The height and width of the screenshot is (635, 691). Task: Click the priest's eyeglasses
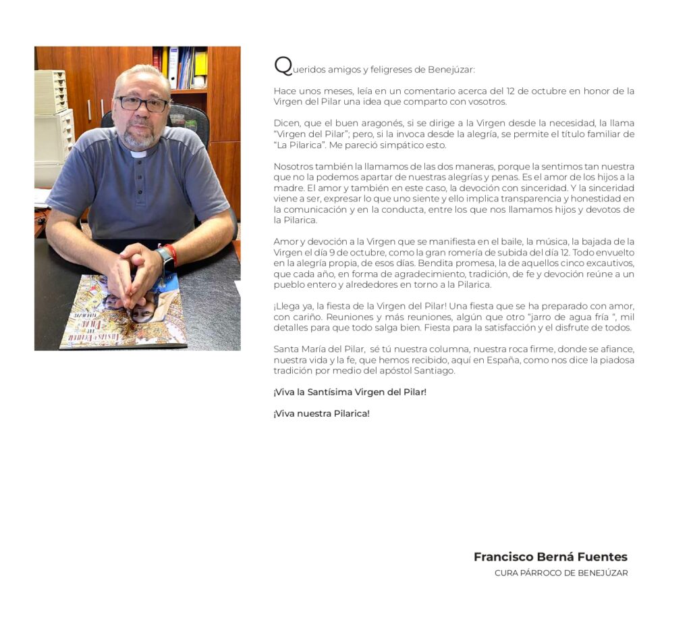[x=142, y=103]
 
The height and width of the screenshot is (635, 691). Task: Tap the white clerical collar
[x=139, y=154]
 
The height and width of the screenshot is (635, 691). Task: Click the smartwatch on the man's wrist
[x=164, y=259]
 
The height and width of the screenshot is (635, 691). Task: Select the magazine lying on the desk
[x=121, y=314]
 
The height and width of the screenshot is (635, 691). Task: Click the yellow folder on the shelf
[x=200, y=63]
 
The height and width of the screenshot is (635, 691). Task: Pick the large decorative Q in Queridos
[x=282, y=66]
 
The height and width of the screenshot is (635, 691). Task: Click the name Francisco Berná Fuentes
[x=550, y=557]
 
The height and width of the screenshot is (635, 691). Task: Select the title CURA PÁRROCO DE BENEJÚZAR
[x=561, y=574]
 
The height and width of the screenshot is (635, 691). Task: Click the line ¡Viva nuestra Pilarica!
[x=321, y=413]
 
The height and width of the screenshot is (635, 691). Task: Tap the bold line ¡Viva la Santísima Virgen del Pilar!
[x=350, y=392]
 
